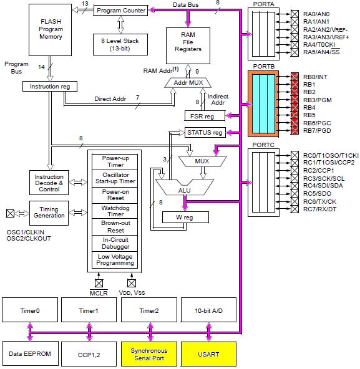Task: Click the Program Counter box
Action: coord(120,11)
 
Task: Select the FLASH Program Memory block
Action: coord(50,30)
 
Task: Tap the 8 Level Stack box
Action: coord(120,44)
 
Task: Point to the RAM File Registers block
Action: coord(188,46)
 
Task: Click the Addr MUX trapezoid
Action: coord(188,83)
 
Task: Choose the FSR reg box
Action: coord(205,116)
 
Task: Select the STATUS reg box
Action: coord(205,133)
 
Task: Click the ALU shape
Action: coord(185,188)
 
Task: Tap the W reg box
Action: coord(185,217)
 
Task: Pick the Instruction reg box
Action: coord(50,87)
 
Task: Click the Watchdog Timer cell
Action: coord(115,211)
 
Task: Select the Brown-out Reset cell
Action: coord(115,227)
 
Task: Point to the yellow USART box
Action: coord(208,354)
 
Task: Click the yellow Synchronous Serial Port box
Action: coord(149,354)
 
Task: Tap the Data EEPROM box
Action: coord(31,353)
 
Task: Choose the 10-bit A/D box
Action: coord(208,310)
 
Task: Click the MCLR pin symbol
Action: coord(99,283)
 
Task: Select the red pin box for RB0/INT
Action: coord(294,77)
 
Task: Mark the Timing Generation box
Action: coord(49,213)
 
